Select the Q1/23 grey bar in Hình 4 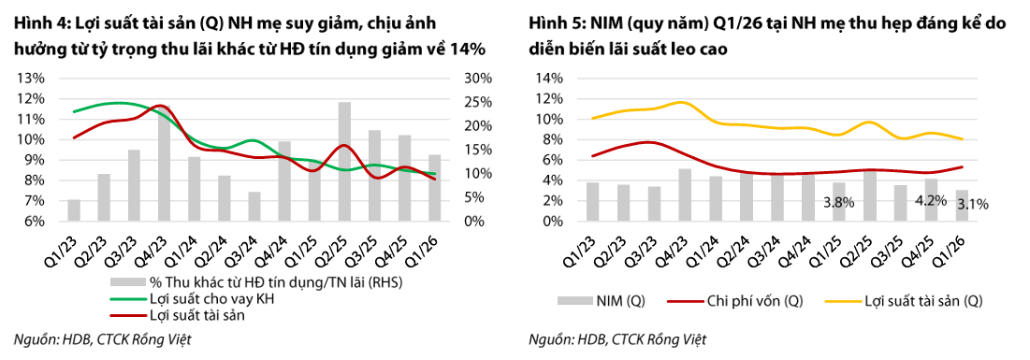(x=74, y=210)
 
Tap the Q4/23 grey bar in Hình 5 (x=685, y=195)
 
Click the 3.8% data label (x=838, y=202)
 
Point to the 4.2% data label (x=930, y=197)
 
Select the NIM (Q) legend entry (x=601, y=301)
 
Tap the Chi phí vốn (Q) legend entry (x=734, y=301)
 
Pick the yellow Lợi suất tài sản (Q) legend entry (x=903, y=301)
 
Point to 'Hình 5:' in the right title (x=553, y=24)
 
